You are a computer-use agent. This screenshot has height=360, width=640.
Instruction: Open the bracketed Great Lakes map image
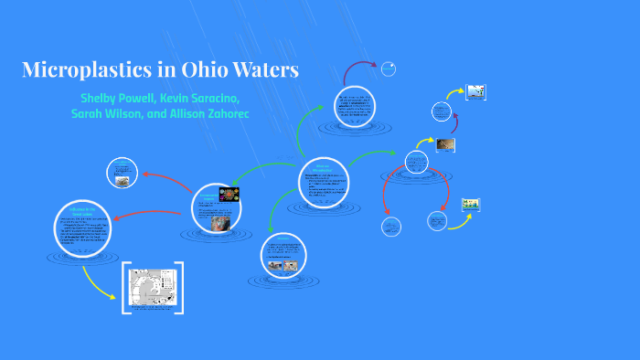[153, 289]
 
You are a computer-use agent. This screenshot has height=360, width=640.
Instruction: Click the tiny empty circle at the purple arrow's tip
[389, 69]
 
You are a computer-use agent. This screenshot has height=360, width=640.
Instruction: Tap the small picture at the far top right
[475, 91]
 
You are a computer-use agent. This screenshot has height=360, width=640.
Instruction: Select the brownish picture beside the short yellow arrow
[445, 144]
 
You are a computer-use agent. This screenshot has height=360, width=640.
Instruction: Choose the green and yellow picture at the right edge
[471, 204]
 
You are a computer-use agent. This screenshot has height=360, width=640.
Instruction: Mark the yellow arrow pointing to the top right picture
[453, 94]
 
